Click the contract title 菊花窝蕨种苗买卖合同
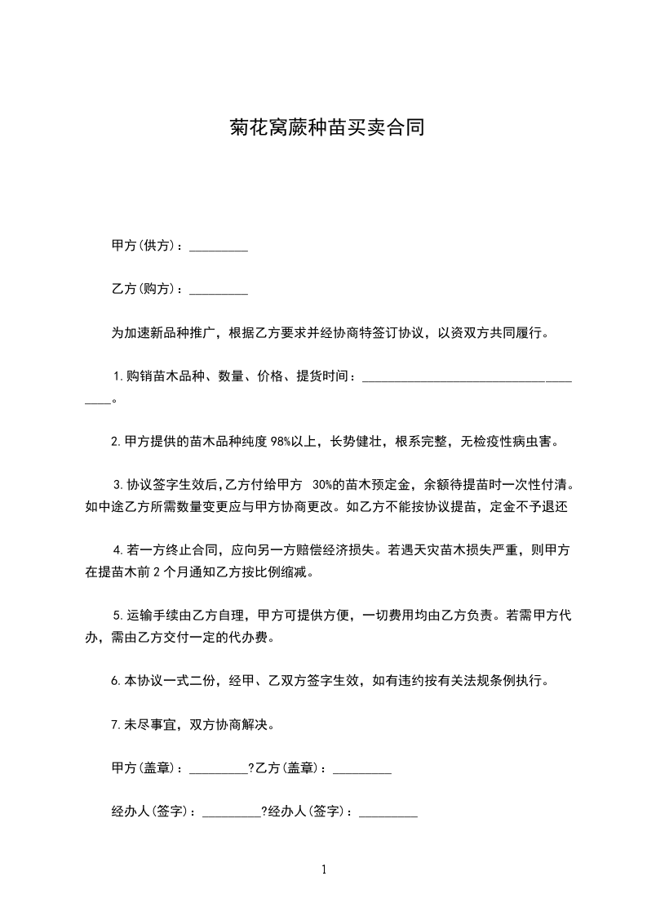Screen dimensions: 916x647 pos(325,128)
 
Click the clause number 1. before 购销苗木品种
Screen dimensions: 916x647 pos(118,376)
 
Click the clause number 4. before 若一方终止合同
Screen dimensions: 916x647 pos(118,550)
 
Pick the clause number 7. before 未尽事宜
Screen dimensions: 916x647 pos(116,724)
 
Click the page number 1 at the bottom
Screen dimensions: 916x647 pos(324,869)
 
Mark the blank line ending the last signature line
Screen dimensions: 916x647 pos(388,815)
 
